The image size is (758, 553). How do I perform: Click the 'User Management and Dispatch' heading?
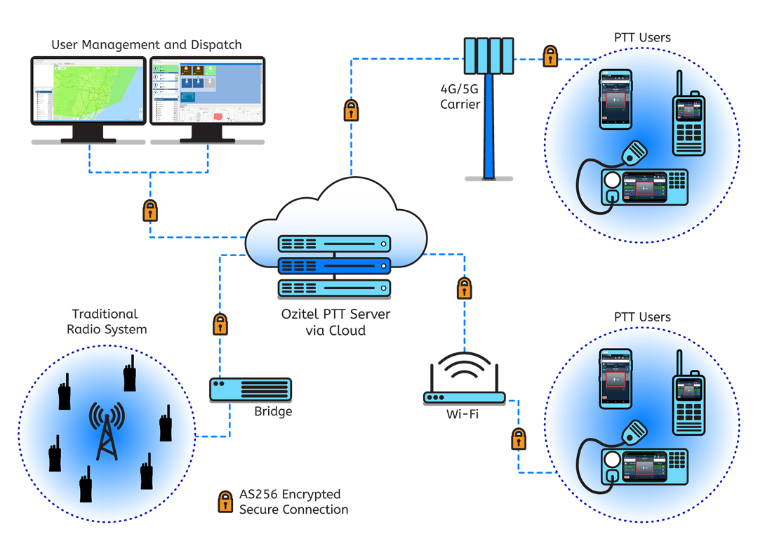146,45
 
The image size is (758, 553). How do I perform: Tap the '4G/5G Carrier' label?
460,98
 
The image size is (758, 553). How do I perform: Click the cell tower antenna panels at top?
488,54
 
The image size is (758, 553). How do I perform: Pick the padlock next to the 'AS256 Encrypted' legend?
225,501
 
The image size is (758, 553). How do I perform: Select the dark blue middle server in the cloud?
334,266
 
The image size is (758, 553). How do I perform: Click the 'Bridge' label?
273,411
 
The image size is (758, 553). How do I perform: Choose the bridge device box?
250,389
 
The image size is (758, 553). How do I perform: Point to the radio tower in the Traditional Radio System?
106,432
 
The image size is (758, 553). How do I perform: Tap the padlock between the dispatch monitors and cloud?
150,211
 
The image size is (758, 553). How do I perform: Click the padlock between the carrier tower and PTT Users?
550,56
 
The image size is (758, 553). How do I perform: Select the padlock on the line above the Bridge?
220,324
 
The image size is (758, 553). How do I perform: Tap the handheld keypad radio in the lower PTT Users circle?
689,405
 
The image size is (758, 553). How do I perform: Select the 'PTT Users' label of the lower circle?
642,317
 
